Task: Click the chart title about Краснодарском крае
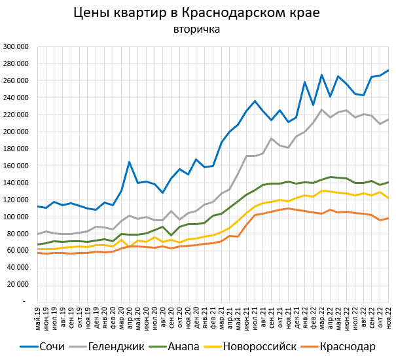tap(196, 13)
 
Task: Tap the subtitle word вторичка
tap(196, 29)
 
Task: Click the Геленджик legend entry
tap(117, 346)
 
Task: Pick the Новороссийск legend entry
tap(252, 346)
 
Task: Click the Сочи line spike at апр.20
tap(130, 162)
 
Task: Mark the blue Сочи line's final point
tap(388, 70)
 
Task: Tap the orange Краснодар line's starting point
tap(38, 253)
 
